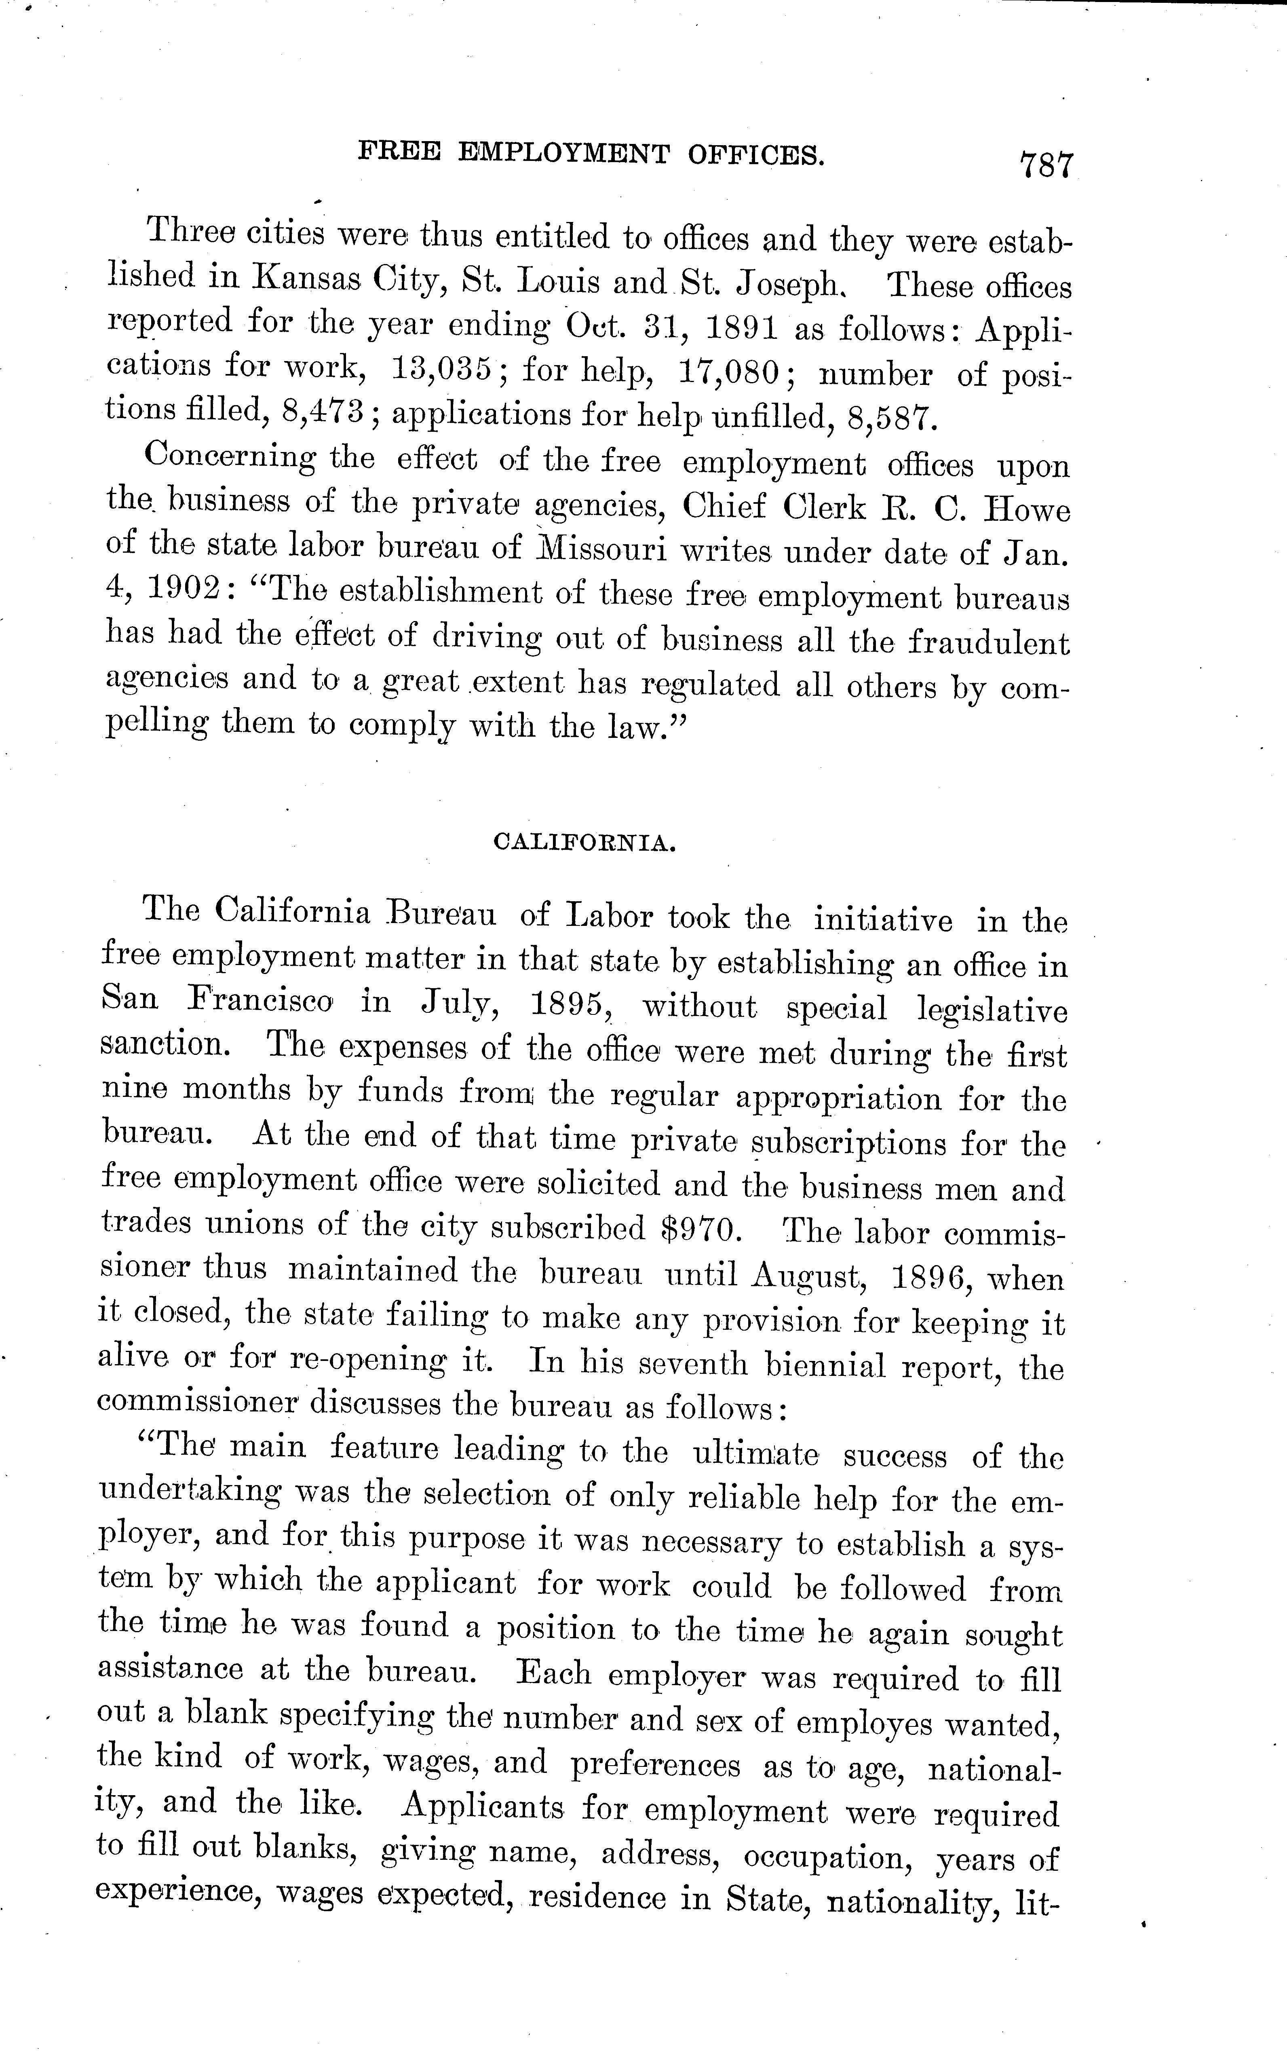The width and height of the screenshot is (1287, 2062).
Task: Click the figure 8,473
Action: click(x=323, y=412)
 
